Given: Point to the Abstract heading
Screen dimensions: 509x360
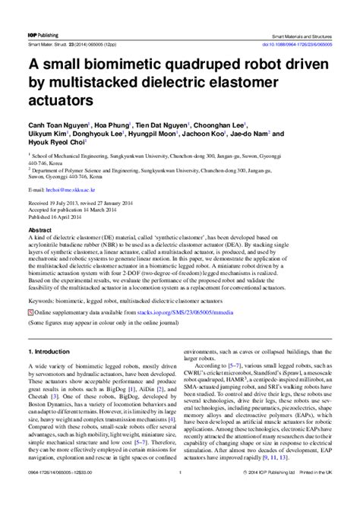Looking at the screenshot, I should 39,229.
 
